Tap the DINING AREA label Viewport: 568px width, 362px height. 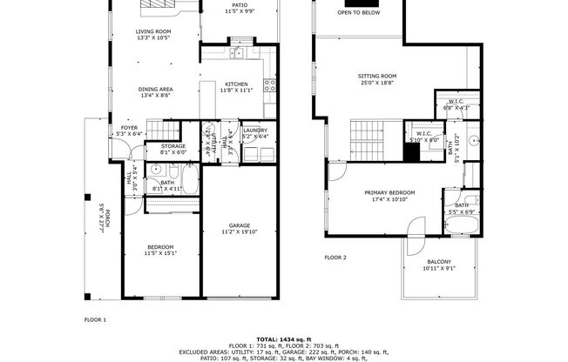tap(154, 90)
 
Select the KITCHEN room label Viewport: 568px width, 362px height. tap(236, 84)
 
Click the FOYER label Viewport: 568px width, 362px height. tap(129, 127)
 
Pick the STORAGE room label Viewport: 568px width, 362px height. tap(172, 146)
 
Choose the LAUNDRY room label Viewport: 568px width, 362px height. tap(254, 131)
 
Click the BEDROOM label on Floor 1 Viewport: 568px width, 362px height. tap(159, 246)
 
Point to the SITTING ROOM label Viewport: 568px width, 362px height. tap(377, 76)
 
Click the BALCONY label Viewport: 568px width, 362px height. tap(439, 262)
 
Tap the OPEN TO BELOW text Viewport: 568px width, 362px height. tap(357, 13)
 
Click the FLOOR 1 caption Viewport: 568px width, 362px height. tap(95, 319)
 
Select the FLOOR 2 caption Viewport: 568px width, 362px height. tap(335, 258)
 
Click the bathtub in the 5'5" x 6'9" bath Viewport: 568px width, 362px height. tap(462, 225)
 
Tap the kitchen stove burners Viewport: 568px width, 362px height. tap(270, 85)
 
